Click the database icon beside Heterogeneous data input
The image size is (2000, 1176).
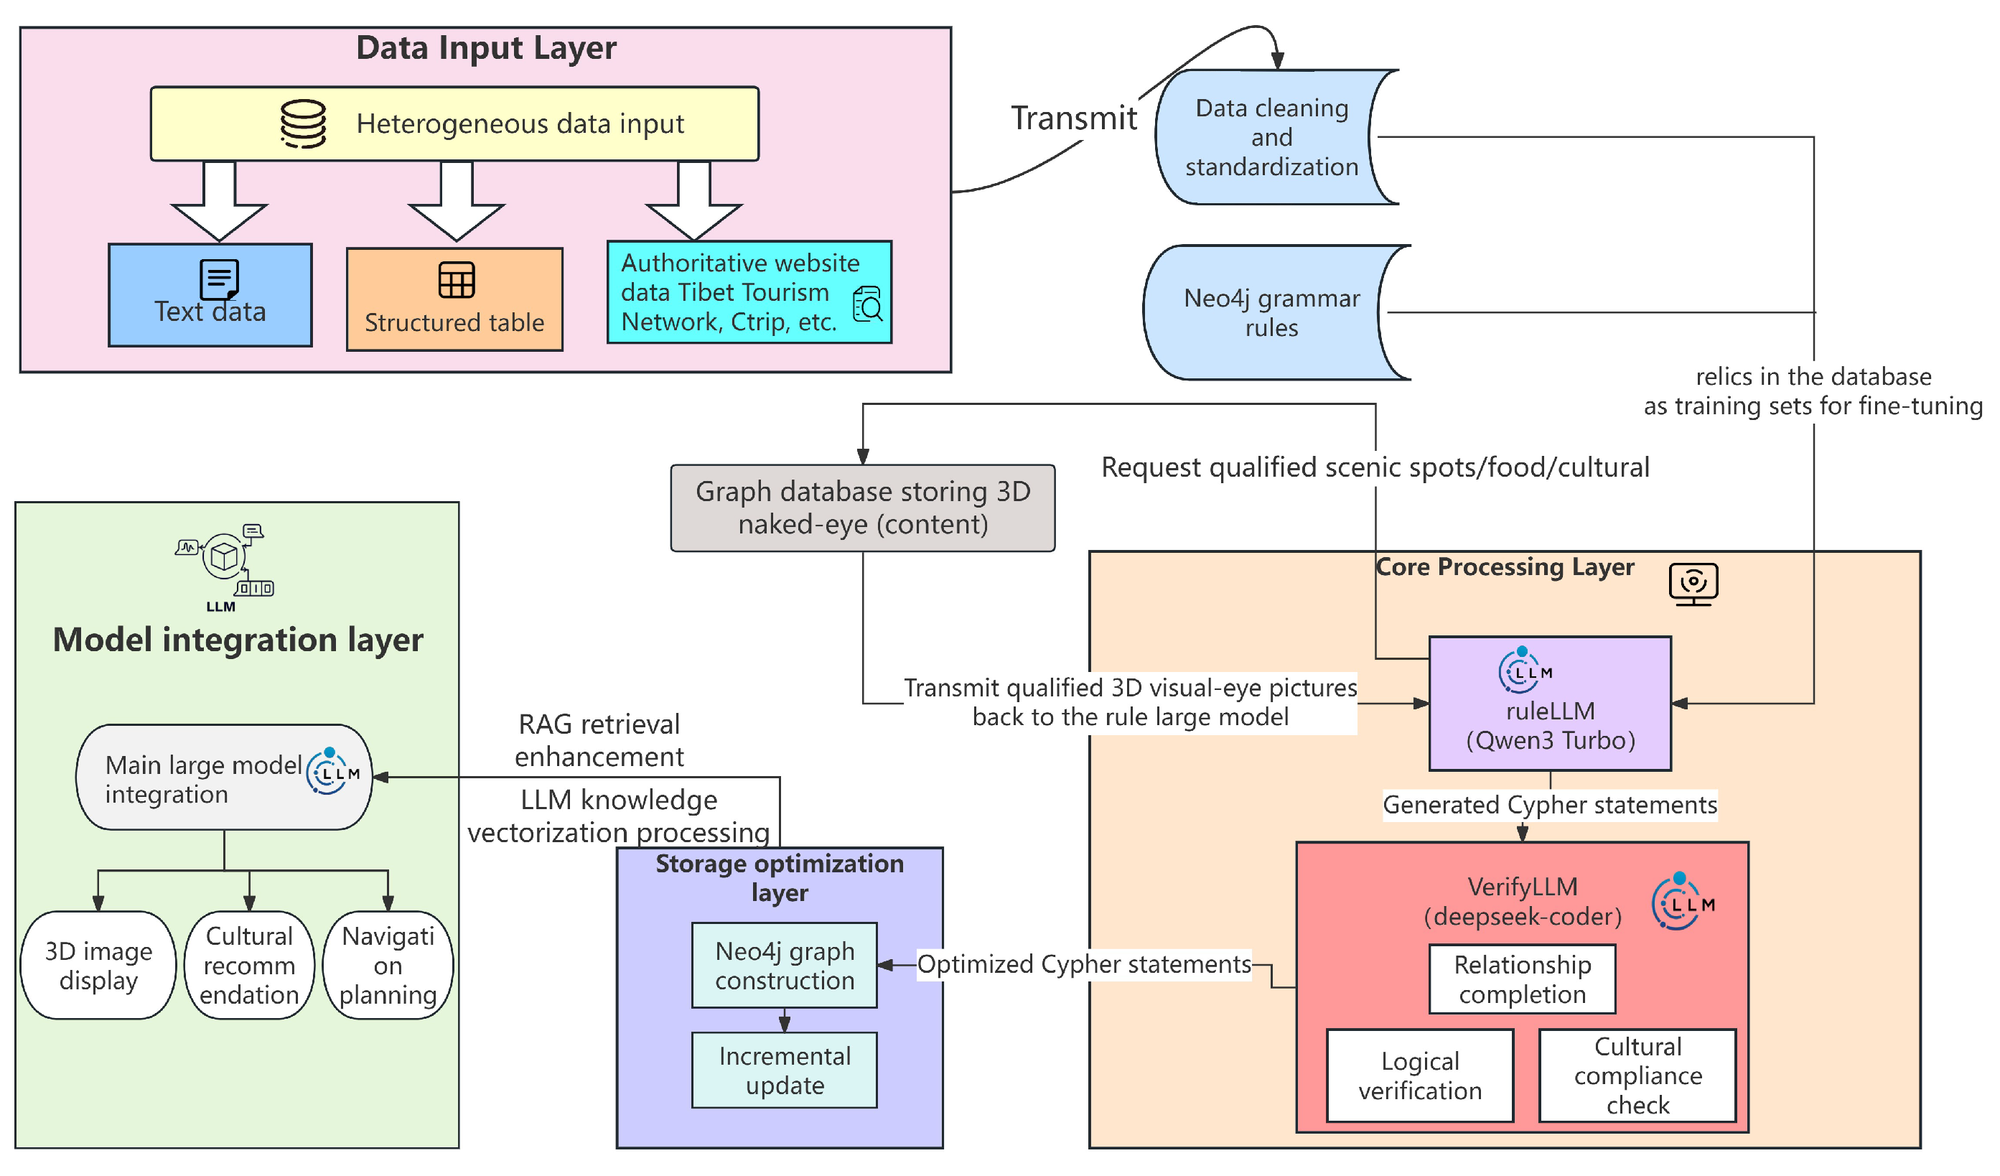[303, 123]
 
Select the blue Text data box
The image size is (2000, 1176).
[210, 295]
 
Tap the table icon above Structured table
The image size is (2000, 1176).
[457, 280]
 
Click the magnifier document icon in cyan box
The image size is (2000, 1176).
[867, 304]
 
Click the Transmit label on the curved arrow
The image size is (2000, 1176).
[1073, 118]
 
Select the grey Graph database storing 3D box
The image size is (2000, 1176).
[863, 508]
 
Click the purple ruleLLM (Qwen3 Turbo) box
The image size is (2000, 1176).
[1549, 704]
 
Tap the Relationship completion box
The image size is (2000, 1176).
[1521, 979]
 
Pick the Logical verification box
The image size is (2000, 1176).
[1419, 1075]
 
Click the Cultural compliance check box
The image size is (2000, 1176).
[1637, 1075]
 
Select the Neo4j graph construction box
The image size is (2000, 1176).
[784, 966]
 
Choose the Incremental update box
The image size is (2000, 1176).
[784, 1070]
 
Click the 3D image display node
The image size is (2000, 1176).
[98, 965]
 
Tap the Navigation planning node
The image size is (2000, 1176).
[388, 965]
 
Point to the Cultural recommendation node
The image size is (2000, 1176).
[249, 965]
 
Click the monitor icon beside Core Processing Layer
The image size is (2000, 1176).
[1693, 584]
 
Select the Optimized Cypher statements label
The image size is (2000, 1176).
[1083, 964]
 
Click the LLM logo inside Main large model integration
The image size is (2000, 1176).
[332, 772]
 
